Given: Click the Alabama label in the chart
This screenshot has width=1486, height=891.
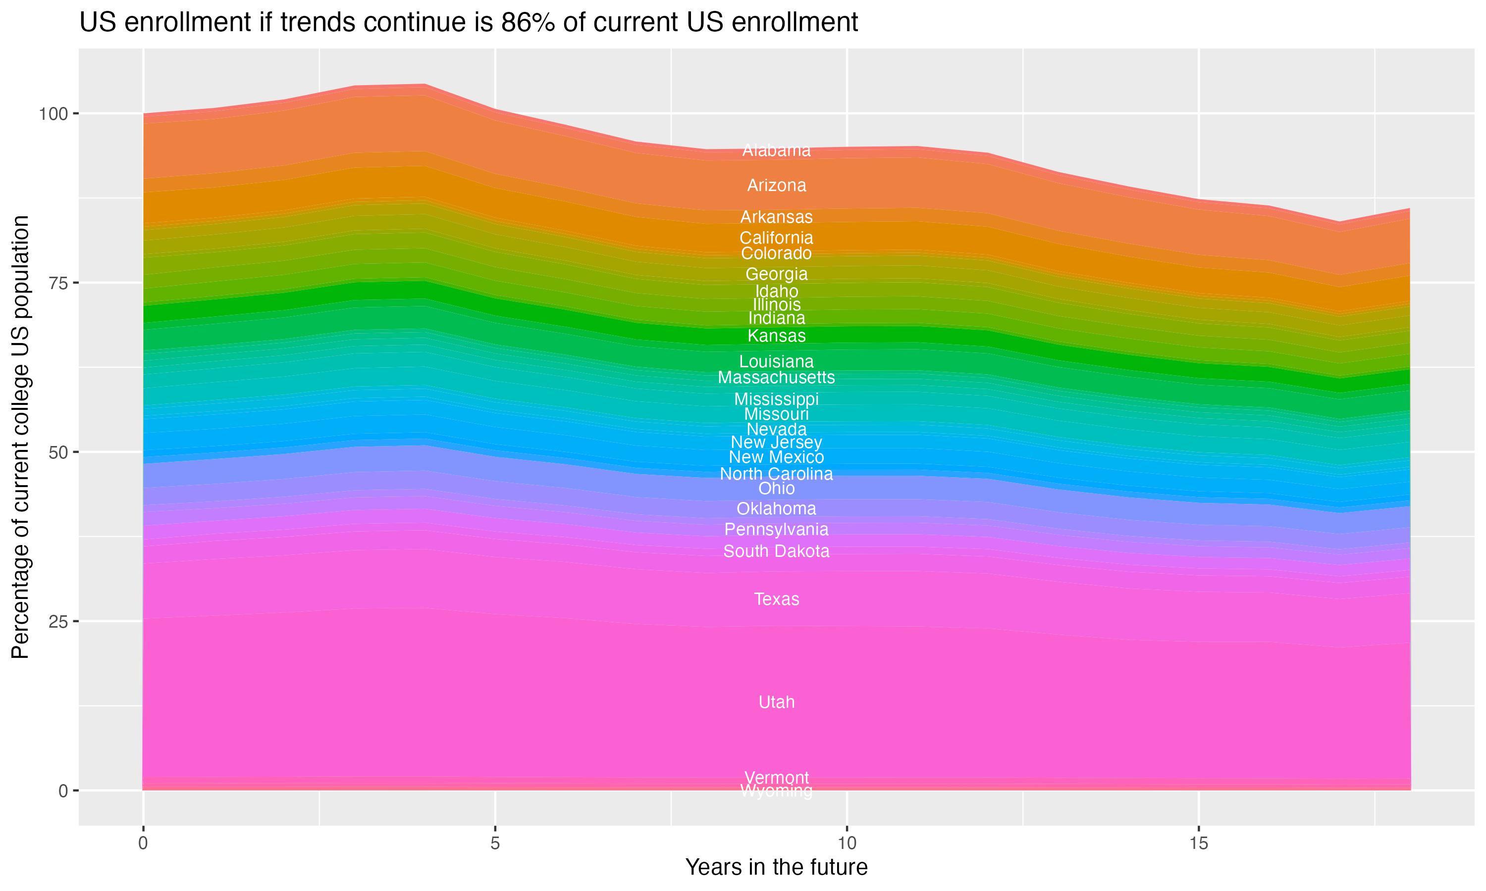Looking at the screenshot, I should point(776,150).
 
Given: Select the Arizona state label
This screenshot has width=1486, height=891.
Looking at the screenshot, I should point(776,186).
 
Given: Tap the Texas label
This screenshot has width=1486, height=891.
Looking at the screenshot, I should point(776,599).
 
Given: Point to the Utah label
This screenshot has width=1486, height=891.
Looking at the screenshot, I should point(776,702).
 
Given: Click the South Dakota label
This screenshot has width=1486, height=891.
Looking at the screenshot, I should point(776,551).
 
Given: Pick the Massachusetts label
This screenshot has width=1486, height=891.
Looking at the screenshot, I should point(776,378).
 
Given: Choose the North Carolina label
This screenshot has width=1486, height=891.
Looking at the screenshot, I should point(776,474).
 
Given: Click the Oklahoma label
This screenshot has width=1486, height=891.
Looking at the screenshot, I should point(776,508).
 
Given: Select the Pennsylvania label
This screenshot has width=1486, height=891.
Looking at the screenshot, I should point(776,530).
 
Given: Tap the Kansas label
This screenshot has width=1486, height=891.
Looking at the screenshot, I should point(776,336).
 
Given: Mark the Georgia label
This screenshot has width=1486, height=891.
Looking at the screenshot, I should point(776,274).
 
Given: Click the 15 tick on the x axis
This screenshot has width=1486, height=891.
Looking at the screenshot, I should point(1198,843).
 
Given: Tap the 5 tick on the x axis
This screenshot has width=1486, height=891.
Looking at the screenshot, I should point(495,843).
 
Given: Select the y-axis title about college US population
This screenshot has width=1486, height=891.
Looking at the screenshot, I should point(20,437).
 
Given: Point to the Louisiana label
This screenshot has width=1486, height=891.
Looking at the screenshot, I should point(776,361).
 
